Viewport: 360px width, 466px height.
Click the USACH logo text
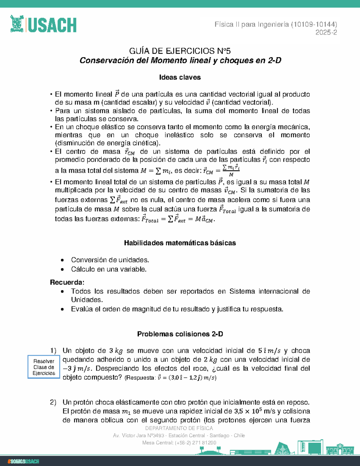click(52, 25)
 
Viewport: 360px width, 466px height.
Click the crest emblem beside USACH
click(17, 24)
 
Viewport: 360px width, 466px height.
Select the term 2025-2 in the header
click(326, 32)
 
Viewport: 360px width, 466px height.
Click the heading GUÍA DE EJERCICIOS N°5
click(180, 51)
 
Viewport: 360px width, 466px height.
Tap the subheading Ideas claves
click(180, 77)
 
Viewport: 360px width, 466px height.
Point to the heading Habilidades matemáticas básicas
click(180, 243)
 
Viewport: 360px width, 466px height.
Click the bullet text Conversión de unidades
click(110, 260)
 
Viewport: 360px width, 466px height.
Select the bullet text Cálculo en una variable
click(109, 269)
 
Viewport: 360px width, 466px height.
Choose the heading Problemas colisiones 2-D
click(180, 334)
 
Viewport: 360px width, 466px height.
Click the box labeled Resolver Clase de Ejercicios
click(44, 367)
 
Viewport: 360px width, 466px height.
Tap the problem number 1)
click(53, 350)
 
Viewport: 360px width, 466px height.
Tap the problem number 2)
click(53, 402)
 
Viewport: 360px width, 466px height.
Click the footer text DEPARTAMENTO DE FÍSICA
click(179, 428)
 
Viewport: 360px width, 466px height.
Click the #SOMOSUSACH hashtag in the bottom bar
click(23, 461)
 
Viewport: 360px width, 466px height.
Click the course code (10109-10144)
click(314, 25)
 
